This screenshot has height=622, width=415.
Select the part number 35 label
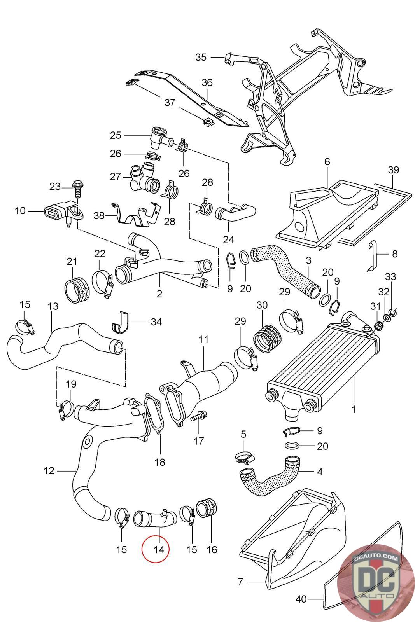pyautogui.click(x=201, y=57)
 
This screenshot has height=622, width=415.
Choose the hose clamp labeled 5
pyautogui.click(x=243, y=459)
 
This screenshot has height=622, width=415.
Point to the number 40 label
pyautogui.click(x=301, y=599)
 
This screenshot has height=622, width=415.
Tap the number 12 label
pyautogui.click(x=49, y=471)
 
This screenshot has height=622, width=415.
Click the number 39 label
pyautogui.click(x=393, y=170)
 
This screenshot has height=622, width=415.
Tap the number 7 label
pyautogui.click(x=240, y=582)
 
